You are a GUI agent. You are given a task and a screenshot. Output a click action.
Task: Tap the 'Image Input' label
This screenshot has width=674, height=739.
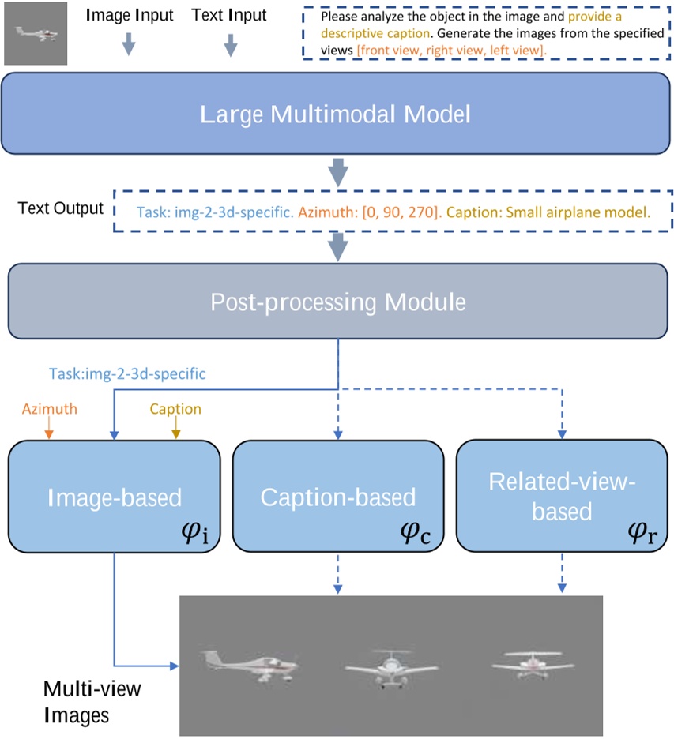(x=129, y=16)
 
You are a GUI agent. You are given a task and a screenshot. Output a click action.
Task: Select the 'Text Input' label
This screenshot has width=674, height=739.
(x=230, y=16)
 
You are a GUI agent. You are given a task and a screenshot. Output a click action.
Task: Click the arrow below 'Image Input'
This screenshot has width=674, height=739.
(x=129, y=47)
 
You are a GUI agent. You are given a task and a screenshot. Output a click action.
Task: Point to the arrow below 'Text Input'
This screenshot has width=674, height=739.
(x=230, y=47)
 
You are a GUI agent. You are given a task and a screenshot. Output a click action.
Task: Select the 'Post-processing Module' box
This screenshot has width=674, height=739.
(x=337, y=302)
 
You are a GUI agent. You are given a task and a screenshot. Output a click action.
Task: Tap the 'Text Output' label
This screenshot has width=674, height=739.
(x=61, y=208)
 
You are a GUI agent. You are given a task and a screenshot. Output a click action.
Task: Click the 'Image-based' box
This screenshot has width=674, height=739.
(x=115, y=497)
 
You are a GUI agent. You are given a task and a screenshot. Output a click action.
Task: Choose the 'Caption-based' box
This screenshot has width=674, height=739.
(x=337, y=497)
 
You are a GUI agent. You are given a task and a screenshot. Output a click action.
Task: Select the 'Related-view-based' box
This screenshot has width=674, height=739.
(x=562, y=497)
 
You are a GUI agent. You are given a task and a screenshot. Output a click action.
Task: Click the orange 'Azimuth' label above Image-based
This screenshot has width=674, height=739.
(x=49, y=409)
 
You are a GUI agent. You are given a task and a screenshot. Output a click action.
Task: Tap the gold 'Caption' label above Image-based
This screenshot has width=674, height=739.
(x=175, y=409)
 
